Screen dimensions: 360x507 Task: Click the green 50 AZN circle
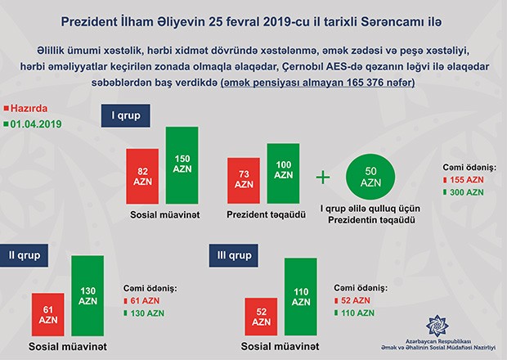click(x=371, y=176)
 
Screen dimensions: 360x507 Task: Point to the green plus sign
click(x=323, y=177)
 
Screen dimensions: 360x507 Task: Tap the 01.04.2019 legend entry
click(x=38, y=124)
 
